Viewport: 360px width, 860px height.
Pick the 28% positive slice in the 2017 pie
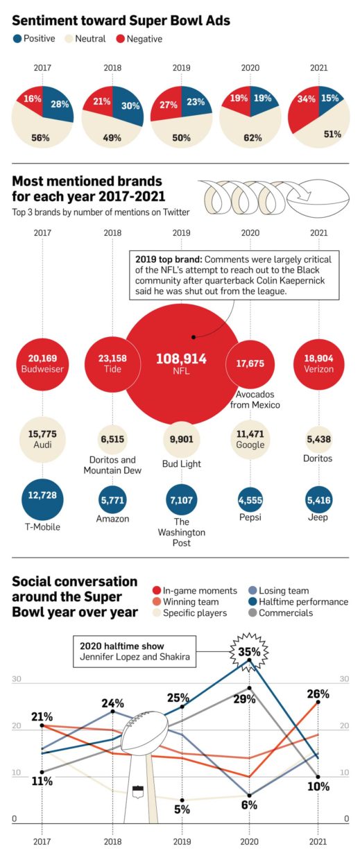click(x=57, y=103)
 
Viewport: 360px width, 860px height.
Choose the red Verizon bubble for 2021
click(x=318, y=364)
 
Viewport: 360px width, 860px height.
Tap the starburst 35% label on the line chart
click(x=250, y=652)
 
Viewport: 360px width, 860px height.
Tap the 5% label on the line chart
click(x=182, y=809)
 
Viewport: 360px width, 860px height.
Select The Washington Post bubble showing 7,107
click(x=182, y=499)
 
